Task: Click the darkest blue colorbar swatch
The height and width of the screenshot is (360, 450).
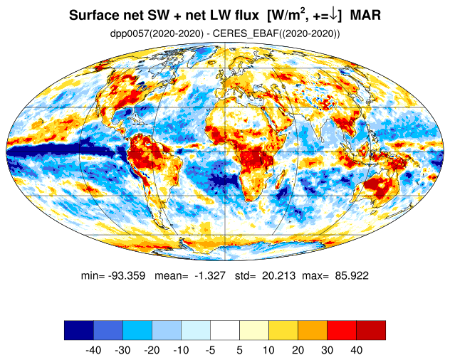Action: pyautogui.click(x=79, y=330)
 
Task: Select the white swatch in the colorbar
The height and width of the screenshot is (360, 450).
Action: pyautogui.click(x=225, y=330)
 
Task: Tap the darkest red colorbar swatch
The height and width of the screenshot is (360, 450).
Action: pyautogui.click(x=371, y=330)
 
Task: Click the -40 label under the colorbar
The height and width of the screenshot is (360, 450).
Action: pyautogui.click(x=93, y=350)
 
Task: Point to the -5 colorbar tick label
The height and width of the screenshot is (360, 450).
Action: pyautogui.click(x=210, y=350)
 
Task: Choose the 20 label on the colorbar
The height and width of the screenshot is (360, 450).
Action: pyautogui.click(x=298, y=350)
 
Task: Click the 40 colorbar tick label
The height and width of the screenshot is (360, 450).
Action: pyautogui.click(x=357, y=350)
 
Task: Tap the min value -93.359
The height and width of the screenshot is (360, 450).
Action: pyautogui.click(x=127, y=275)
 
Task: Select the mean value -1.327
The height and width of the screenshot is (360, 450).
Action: pyautogui.click(x=210, y=275)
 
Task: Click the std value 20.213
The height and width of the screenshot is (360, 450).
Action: pyautogui.click(x=278, y=275)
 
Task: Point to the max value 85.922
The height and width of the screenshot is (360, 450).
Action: pyautogui.click(x=352, y=275)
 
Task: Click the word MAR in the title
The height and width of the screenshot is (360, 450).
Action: pyautogui.click(x=365, y=15)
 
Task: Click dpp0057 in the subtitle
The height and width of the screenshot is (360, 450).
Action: pyautogui.click(x=130, y=34)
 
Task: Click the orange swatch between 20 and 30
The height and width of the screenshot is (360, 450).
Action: pyautogui.click(x=313, y=330)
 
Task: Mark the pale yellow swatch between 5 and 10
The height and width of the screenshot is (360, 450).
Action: pyautogui.click(x=254, y=330)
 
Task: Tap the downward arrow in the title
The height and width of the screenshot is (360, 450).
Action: pyautogui.click(x=333, y=15)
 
